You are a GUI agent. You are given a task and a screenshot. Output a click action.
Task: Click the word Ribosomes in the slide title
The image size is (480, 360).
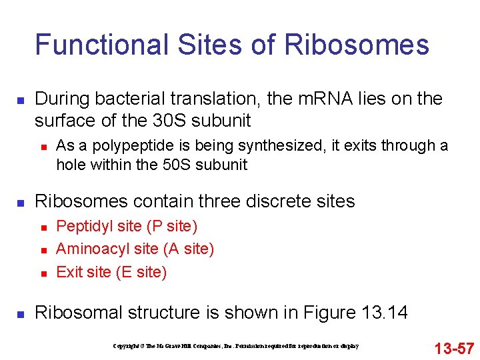357,45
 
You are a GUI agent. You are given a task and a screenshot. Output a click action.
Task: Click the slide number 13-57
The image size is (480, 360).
454,348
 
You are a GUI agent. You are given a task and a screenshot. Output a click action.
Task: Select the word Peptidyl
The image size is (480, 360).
81,227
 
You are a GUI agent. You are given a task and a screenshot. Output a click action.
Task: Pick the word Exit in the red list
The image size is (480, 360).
68,272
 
